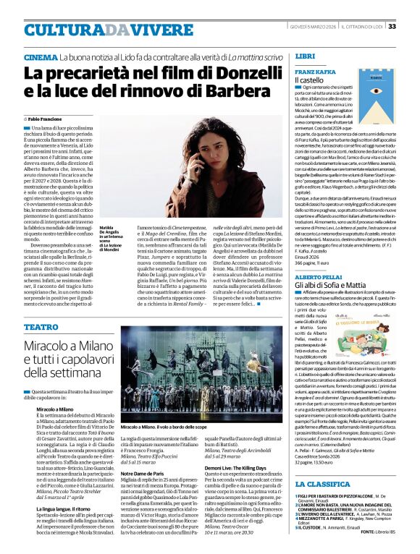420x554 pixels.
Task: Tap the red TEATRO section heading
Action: click(x=41, y=327)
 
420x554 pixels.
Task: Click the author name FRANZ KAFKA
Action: click(x=314, y=73)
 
